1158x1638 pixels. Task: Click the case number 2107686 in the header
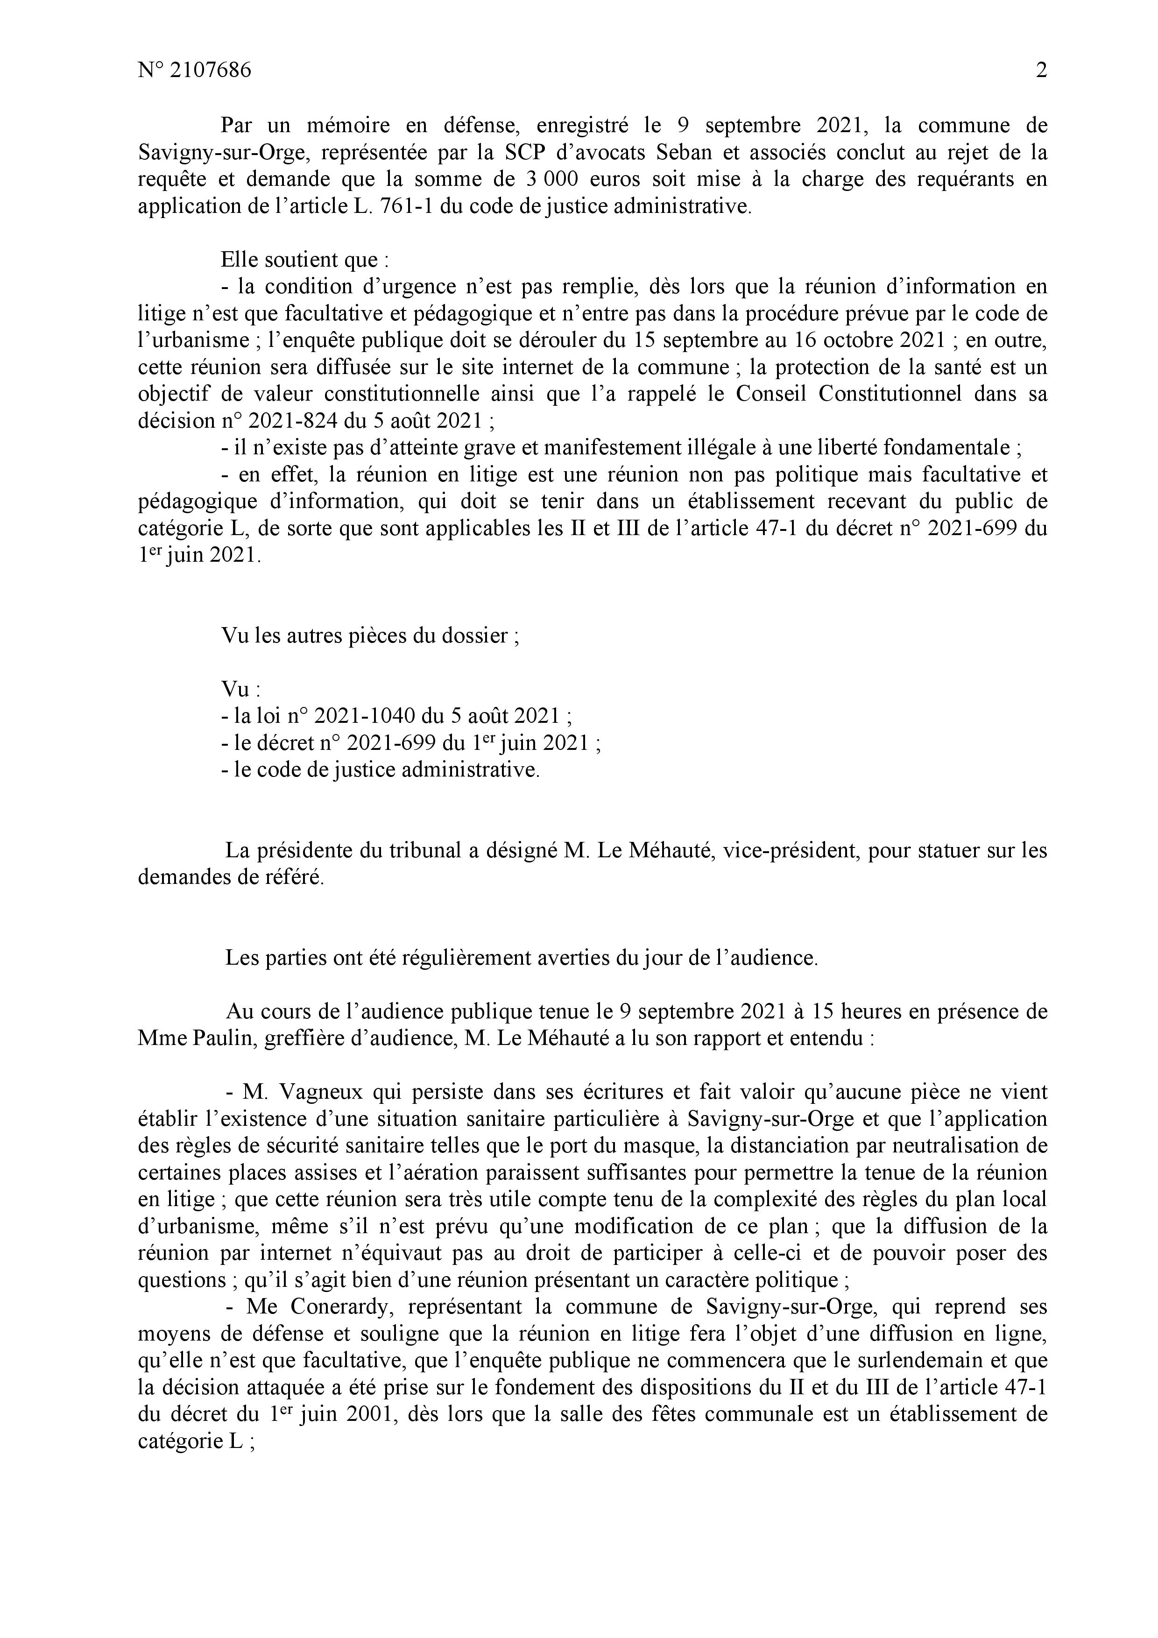[211, 71]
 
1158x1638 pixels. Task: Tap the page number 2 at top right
[1041, 71]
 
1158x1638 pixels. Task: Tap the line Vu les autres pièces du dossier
[370, 635]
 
